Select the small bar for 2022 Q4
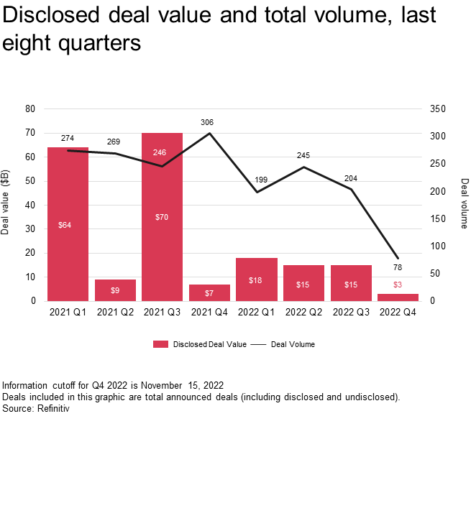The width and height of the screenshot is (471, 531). (398, 297)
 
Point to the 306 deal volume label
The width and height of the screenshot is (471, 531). (208, 122)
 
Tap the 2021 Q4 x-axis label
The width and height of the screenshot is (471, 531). (209, 313)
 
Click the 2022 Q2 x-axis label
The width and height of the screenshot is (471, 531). (303, 313)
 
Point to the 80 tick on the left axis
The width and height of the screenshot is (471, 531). (30, 109)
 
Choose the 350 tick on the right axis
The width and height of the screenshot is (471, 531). (439, 109)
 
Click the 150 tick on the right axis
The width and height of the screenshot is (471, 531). (439, 218)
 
